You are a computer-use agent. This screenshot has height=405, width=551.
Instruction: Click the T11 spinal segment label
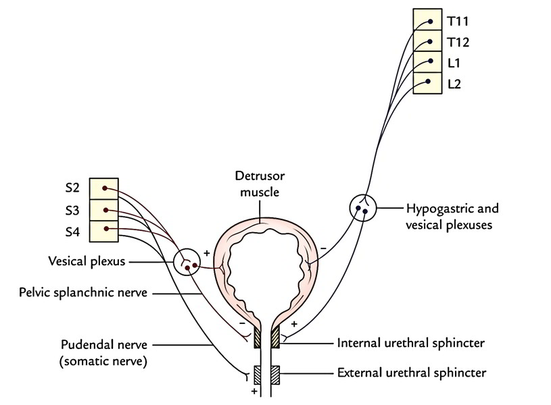click(x=457, y=21)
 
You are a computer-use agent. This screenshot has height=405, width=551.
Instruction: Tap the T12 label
click(x=457, y=42)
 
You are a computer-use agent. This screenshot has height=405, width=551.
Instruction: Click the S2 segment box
click(x=104, y=188)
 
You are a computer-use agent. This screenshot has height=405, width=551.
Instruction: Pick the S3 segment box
click(x=104, y=210)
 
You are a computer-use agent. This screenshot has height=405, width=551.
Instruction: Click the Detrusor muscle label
click(x=260, y=184)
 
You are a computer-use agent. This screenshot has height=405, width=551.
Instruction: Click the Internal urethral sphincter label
click(x=400, y=343)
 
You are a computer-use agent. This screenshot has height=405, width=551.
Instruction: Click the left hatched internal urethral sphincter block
click(x=257, y=338)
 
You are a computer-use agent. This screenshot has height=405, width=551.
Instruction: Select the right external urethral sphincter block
click(x=275, y=373)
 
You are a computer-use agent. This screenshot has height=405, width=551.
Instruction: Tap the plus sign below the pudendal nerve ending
click(x=254, y=391)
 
